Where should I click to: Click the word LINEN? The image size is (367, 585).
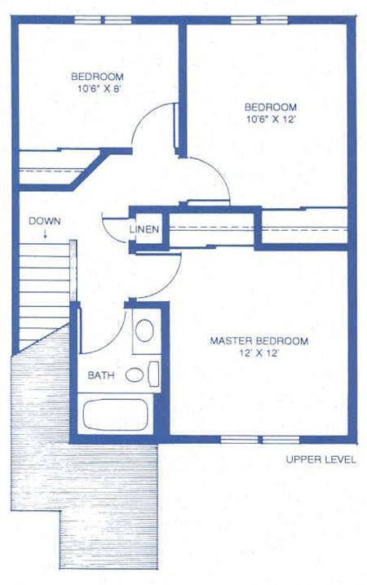click(144, 229)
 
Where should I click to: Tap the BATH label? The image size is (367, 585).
click(101, 375)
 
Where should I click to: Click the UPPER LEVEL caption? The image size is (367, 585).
click(321, 459)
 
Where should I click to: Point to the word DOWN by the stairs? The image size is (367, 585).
click(43, 221)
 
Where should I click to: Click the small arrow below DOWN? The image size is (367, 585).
click(45, 234)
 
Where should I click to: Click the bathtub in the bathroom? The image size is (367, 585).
click(115, 416)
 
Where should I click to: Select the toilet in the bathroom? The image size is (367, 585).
click(135, 375)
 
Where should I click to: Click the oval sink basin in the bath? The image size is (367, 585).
click(144, 330)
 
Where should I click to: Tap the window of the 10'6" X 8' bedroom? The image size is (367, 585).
click(102, 19)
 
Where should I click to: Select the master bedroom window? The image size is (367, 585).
click(248, 440)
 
